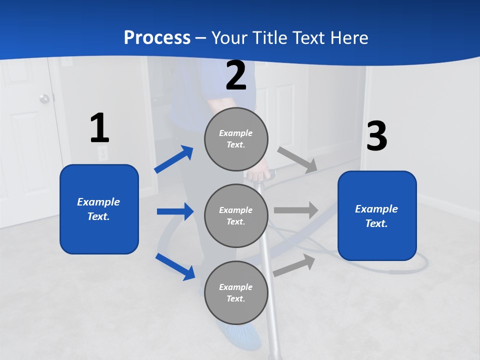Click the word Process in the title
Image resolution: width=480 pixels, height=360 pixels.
(x=157, y=37)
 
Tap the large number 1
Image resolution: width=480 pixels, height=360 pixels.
(x=99, y=128)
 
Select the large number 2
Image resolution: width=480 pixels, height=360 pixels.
(x=236, y=75)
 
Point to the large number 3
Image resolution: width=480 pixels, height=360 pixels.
(x=376, y=136)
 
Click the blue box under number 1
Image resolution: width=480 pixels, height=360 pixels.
(x=99, y=209)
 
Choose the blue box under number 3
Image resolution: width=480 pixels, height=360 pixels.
(x=377, y=215)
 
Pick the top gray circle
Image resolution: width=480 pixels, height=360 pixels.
(x=236, y=139)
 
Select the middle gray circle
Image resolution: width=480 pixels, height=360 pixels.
(x=236, y=215)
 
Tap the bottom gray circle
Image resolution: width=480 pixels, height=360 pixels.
(x=236, y=292)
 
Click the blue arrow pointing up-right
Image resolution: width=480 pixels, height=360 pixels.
(x=174, y=159)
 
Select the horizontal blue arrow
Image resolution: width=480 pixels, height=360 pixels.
(x=175, y=211)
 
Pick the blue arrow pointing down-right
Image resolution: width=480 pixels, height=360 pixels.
(x=175, y=266)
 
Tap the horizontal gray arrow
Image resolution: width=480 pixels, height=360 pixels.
(x=296, y=210)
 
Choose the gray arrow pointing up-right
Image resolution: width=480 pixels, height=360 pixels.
(x=294, y=265)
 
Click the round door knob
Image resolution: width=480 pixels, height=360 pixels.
(x=45, y=98)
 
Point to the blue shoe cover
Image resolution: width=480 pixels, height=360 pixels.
(x=238, y=333)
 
